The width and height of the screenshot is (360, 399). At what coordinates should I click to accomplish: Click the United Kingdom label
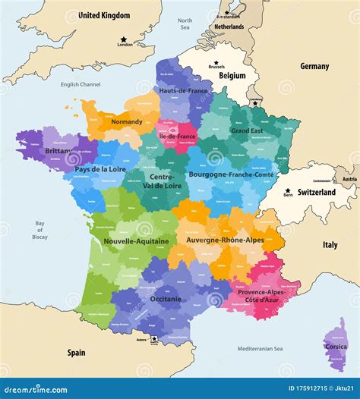(104, 15)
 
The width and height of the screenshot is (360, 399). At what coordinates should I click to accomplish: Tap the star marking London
(122, 39)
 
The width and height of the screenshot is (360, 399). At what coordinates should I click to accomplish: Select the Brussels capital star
(216, 62)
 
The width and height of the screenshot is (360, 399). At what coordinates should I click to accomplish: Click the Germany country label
(314, 66)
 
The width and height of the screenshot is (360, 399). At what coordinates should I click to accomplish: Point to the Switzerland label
(316, 193)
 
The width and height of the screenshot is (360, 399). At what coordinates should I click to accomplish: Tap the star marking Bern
(287, 191)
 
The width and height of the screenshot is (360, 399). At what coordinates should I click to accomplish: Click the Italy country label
(330, 245)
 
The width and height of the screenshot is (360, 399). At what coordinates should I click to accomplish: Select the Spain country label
(76, 353)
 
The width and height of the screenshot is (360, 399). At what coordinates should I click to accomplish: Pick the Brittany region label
(58, 151)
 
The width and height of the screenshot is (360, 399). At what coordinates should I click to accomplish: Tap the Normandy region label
(127, 121)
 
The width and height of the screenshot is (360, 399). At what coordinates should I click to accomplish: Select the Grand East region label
(247, 130)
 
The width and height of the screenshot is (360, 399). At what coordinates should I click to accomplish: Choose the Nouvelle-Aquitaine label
(125, 240)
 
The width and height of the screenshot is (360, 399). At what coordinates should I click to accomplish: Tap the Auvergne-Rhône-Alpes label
(224, 240)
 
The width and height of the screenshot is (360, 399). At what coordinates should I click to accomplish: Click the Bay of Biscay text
(39, 231)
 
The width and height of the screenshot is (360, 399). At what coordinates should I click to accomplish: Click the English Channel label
(81, 84)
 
